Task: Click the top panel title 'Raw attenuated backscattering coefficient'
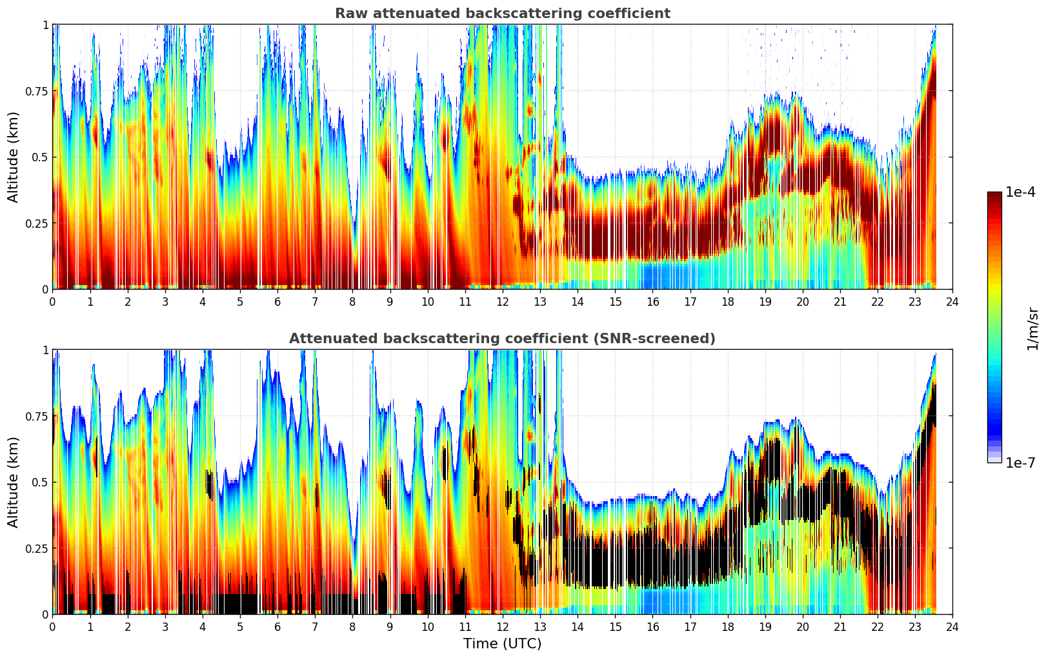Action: pos(502,14)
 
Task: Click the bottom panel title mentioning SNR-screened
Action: pos(502,339)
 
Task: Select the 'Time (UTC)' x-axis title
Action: pos(502,644)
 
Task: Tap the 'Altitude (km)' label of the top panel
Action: pos(14,157)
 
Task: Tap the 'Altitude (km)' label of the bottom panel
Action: pos(14,482)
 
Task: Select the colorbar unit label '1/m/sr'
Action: pos(1032,329)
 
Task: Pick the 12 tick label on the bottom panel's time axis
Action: pos(502,626)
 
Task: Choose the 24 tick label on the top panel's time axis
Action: pos(952,301)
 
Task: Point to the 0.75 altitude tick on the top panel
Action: pos(37,91)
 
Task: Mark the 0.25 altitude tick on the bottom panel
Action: pos(37,548)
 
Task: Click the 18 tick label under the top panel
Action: pos(727,301)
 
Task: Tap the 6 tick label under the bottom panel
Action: pos(277,626)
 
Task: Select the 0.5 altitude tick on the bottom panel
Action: pos(40,482)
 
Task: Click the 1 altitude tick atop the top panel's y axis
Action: pos(45,25)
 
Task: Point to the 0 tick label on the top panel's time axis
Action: pos(52,301)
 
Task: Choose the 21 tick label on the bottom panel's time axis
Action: pos(840,626)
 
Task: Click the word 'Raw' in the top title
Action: pos(348,14)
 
